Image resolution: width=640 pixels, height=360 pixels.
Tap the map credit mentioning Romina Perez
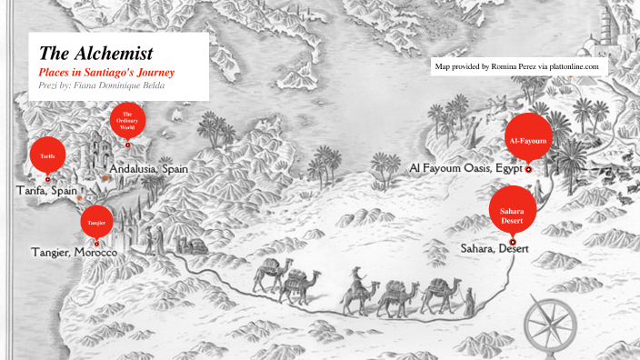(x=517, y=66)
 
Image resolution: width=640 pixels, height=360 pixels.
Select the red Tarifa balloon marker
(x=48, y=155)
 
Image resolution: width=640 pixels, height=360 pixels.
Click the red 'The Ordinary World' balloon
(x=128, y=123)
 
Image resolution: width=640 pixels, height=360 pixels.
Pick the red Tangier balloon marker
(x=96, y=222)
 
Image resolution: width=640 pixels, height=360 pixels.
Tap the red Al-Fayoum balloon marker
(x=528, y=140)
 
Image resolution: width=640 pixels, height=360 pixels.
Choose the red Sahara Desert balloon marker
(x=512, y=215)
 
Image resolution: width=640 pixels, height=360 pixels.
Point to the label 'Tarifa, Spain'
(x=46, y=191)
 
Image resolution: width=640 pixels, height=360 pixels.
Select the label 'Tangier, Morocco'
(x=74, y=251)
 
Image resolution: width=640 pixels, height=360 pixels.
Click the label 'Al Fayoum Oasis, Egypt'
(x=465, y=168)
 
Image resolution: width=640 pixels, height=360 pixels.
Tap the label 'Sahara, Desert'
(x=494, y=247)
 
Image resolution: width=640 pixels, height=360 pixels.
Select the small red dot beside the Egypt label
(x=528, y=169)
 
